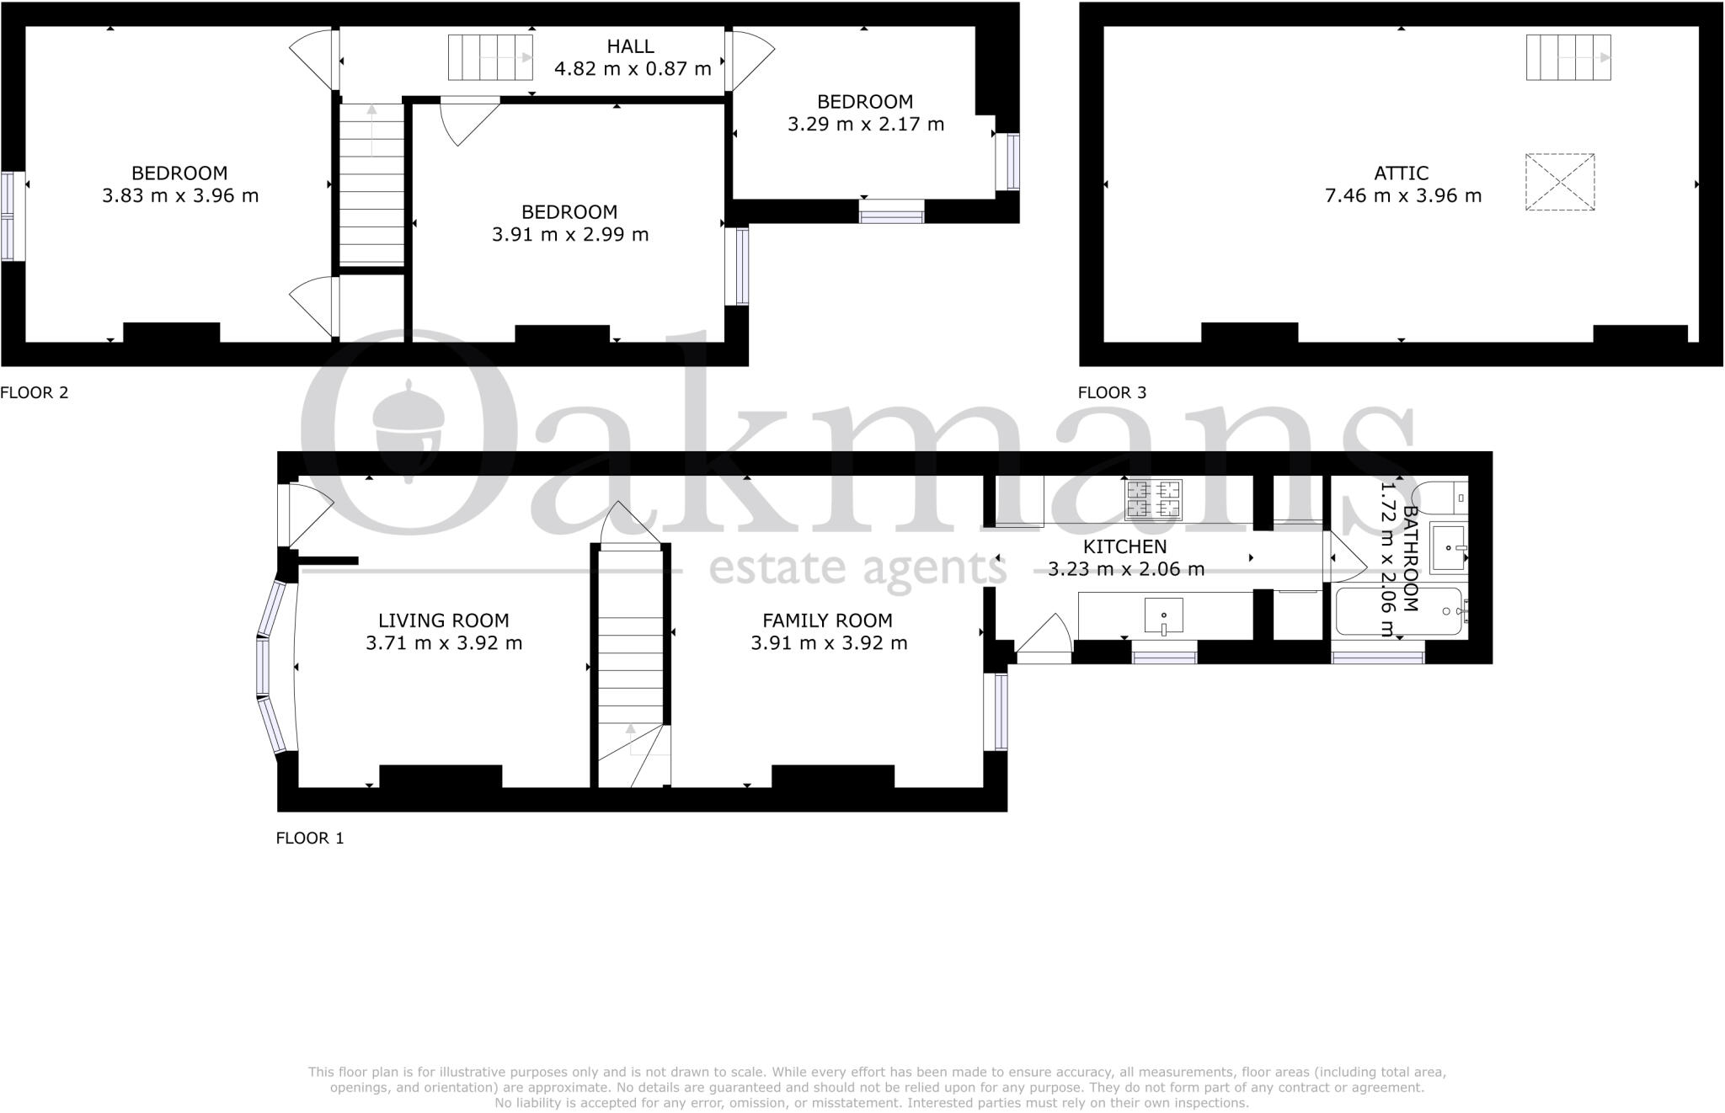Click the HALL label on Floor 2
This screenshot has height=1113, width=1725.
pyautogui.click(x=630, y=47)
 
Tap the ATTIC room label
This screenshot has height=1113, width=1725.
pyautogui.click(x=1401, y=173)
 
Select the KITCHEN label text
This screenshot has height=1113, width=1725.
pyautogui.click(x=1124, y=547)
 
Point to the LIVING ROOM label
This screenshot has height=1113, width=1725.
pyautogui.click(x=443, y=621)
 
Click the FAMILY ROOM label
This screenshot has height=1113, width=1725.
pyautogui.click(x=827, y=621)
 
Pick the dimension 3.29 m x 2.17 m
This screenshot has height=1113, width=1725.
pyautogui.click(x=865, y=125)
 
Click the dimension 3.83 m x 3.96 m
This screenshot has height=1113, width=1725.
pyautogui.click(x=180, y=196)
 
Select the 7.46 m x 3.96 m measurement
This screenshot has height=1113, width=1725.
pyautogui.click(x=1402, y=196)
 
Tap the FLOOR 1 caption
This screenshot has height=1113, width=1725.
pyautogui.click(x=310, y=838)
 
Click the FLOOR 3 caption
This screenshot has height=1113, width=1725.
pyautogui.click(x=1112, y=392)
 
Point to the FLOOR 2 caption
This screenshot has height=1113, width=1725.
pyautogui.click(x=35, y=392)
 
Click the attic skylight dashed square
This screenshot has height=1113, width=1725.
pyautogui.click(x=1560, y=182)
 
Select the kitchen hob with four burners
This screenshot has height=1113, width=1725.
pyautogui.click(x=1154, y=498)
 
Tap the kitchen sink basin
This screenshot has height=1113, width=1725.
pyautogui.click(x=1163, y=615)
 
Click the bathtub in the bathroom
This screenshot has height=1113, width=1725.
pyautogui.click(x=1398, y=611)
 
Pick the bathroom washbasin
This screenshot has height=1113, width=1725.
pyautogui.click(x=1449, y=548)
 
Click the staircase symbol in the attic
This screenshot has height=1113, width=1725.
pyautogui.click(x=1567, y=57)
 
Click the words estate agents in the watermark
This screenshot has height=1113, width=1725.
pyautogui.click(x=857, y=569)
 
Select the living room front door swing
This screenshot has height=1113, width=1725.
pyautogui.click(x=307, y=512)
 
